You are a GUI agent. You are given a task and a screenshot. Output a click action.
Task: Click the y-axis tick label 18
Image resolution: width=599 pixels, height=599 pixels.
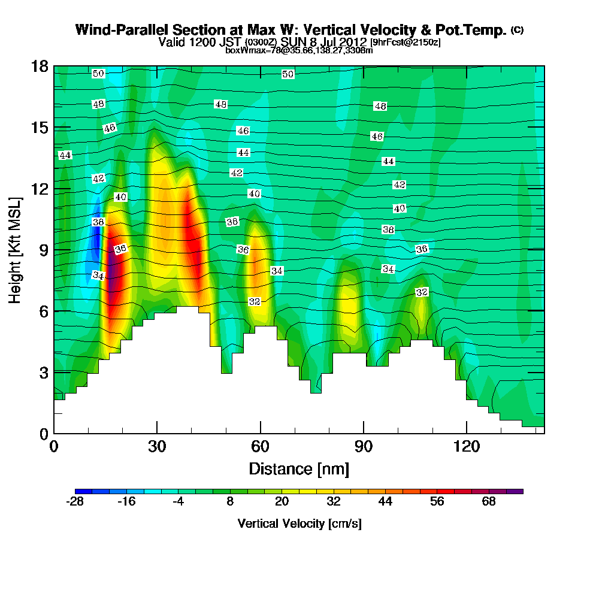pos(40,66)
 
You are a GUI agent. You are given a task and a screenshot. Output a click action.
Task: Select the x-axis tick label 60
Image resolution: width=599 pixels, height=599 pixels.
pos(260,446)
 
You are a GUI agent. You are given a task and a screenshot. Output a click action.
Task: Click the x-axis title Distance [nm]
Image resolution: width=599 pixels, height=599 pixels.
pos(299,468)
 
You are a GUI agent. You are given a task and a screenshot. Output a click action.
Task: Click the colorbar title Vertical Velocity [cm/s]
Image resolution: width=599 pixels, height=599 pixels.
pos(299,524)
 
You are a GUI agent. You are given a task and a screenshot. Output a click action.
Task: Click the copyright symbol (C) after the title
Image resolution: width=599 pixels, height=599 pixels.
pos(517,30)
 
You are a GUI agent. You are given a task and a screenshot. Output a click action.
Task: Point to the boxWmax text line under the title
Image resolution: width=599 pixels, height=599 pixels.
pos(299,50)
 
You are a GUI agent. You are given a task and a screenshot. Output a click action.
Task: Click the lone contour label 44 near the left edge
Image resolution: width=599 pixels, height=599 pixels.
pos(65,156)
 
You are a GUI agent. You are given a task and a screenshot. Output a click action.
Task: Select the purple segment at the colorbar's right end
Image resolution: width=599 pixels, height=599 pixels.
pos(515,491)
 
